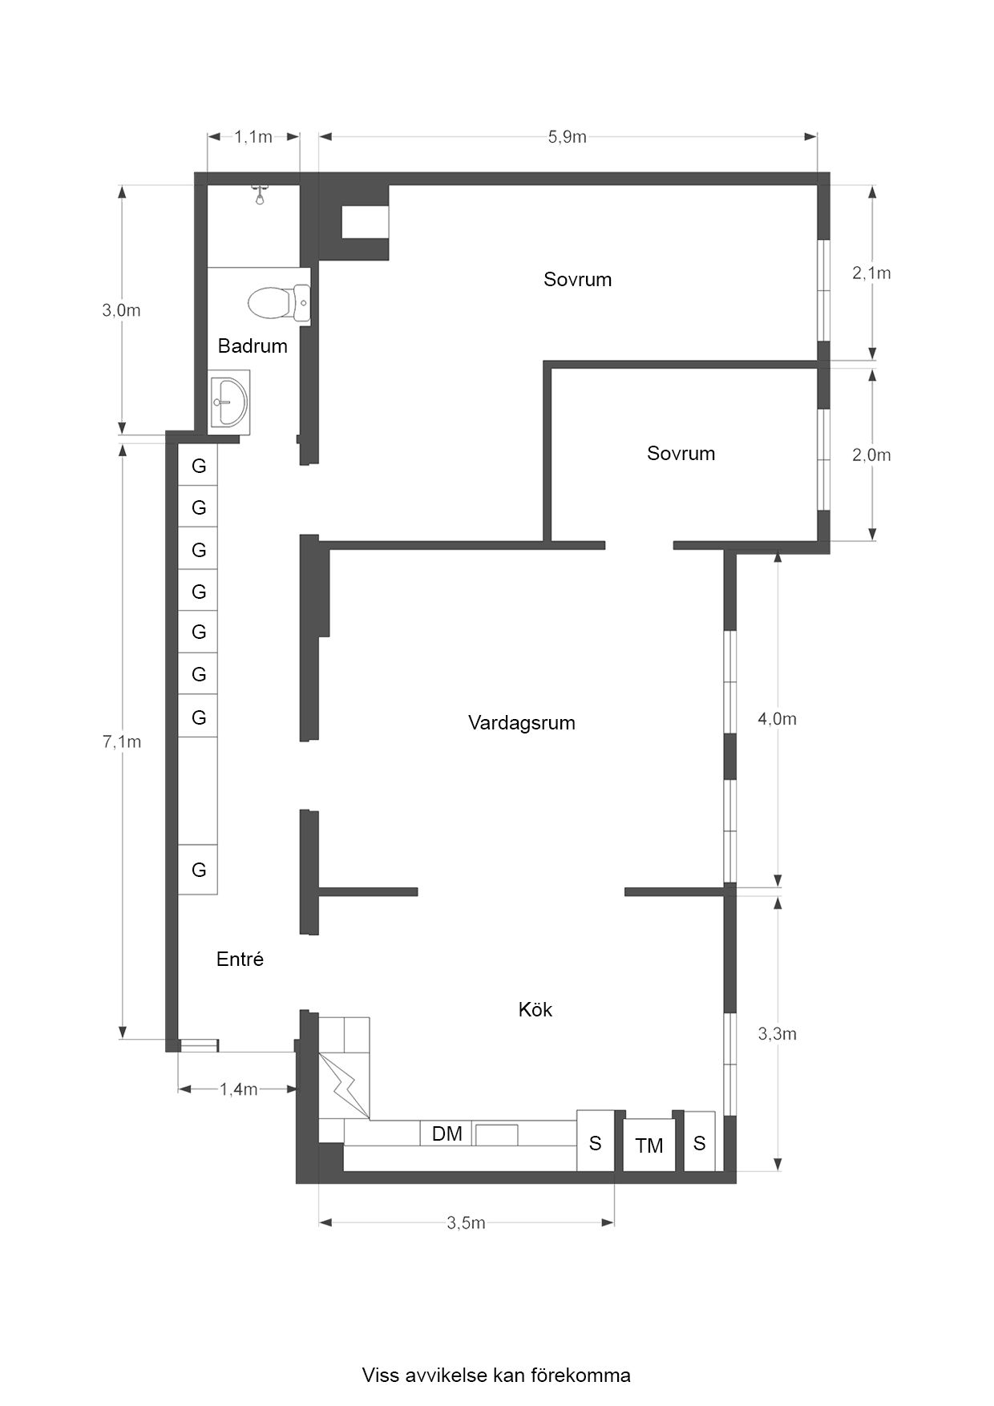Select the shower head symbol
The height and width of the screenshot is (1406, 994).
pos(260,194)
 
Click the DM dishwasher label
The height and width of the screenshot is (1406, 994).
pos(446,1133)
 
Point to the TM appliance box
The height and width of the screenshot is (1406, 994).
pos(649,1145)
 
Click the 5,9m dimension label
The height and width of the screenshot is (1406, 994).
pos(568,137)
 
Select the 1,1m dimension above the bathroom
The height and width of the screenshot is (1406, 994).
pos(253,137)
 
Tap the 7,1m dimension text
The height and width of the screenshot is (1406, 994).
pos(122,741)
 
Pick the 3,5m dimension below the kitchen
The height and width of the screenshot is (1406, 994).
pos(466,1222)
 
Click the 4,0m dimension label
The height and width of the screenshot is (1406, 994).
pos(778,719)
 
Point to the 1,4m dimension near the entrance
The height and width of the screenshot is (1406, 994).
pos(238,1089)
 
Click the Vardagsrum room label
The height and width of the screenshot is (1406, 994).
pos(522,723)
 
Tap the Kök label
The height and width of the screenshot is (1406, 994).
pos(535,1009)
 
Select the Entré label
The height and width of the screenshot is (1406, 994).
pos(240,959)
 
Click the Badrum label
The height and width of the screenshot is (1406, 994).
pos(253,345)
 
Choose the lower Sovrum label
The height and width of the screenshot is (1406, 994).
pos(681,453)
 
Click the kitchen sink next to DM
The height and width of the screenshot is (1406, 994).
pos(497,1134)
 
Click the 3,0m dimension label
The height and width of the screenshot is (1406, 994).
pos(122,310)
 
